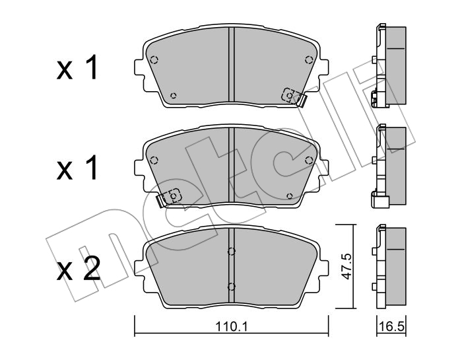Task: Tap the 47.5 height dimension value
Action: tap(346, 266)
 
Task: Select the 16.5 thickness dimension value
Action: tap(392, 327)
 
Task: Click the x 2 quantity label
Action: tap(79, 268)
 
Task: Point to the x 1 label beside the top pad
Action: tap(77, 67)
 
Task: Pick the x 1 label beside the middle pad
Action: tap(77, 168)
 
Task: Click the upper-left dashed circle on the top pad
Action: tap(154, 60)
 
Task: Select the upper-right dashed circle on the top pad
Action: tap(309, 60)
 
